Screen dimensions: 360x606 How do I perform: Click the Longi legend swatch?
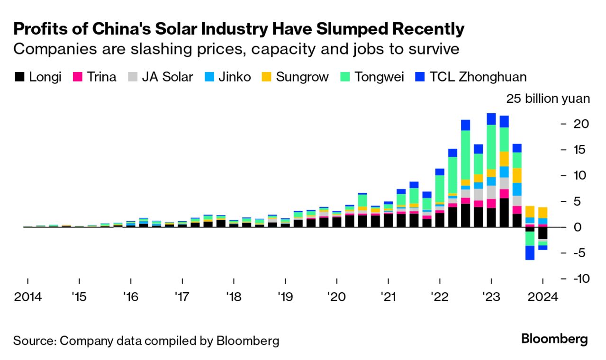[x=19, y=77]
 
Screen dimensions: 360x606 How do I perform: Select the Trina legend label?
[x=101, y=77]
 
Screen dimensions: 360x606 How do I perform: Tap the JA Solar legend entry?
[x=167, y=77]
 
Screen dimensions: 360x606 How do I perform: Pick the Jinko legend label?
[x=235, y=77]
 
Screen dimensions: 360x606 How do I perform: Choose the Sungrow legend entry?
[x=302, y=77]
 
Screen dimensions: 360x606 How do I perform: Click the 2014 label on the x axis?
[x=28, y=297]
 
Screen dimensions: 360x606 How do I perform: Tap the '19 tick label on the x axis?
[x=285, y=297]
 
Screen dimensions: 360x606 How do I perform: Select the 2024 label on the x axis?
[x=543, y=297]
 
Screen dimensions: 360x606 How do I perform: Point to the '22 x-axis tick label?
[x=440, y=297]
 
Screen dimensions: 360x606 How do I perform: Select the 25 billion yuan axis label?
[x=548, y=99]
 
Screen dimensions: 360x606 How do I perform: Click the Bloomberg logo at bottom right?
[x=554, y=339]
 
